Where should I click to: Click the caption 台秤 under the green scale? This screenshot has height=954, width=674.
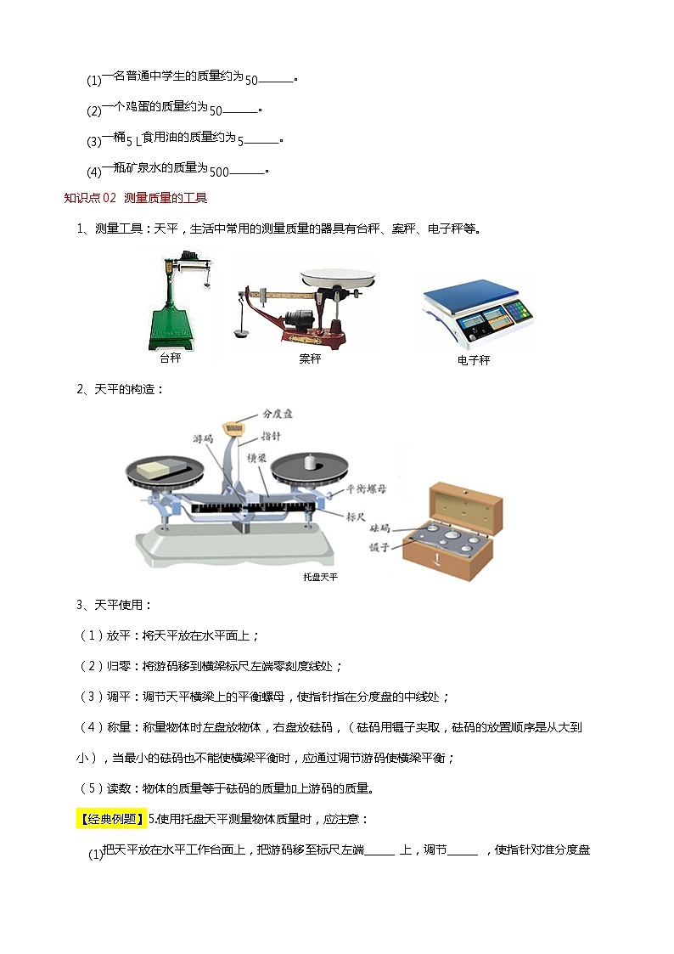[x=171, y=358]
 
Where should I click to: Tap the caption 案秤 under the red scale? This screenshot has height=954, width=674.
[x=311, y=358]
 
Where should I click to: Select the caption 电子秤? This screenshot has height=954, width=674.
[x=474, y=360]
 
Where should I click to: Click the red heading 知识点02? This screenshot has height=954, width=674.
[x=90, y=198]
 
